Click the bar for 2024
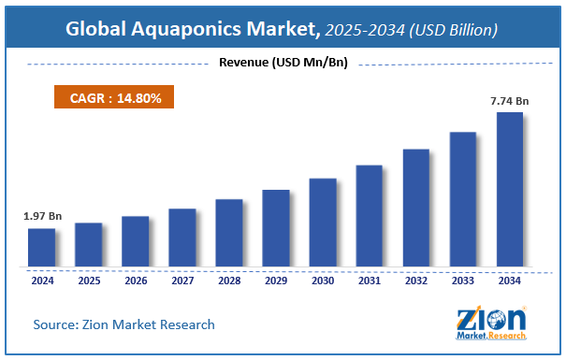click(x=41, y=247)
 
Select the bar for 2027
click(x=182, y=237)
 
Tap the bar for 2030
click(x=323, y=222)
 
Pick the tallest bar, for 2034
click(x=510, y=189)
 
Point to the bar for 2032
click(x=416, y=207)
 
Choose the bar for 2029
click(x=276, y=227)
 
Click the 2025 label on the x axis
click(x=88, y=279)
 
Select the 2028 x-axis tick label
click(x=229, y=279)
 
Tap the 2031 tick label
click(x=370, y=279)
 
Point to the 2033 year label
click(x=463, y=279)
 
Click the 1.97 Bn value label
click(x=41, y=217)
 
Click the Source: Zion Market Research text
click(x=123, y=324)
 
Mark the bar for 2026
click(x=135, y=241)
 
